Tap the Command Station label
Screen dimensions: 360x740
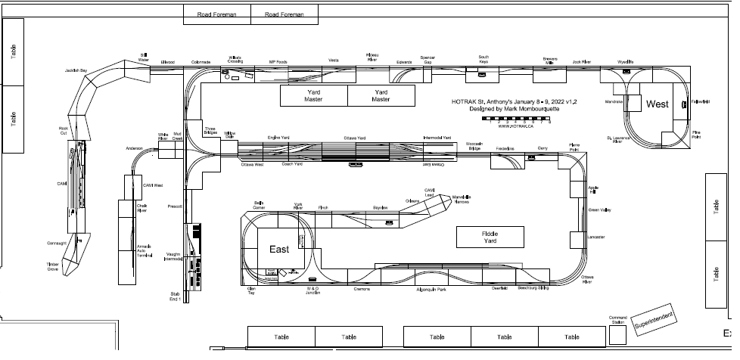[x=619, y=319]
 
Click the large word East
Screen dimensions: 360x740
[x=278, y=249]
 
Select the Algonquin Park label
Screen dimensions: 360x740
[x=431, y=290]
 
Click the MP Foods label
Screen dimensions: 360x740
[x=278, y=62]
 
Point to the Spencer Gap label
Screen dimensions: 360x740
[x=428, y=60]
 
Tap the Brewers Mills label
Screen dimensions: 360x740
[x=550, y=60]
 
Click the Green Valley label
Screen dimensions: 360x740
[x=599, y=210]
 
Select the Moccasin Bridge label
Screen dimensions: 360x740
[x=474, y=145]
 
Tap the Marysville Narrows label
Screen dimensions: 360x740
[x=462, y=199]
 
